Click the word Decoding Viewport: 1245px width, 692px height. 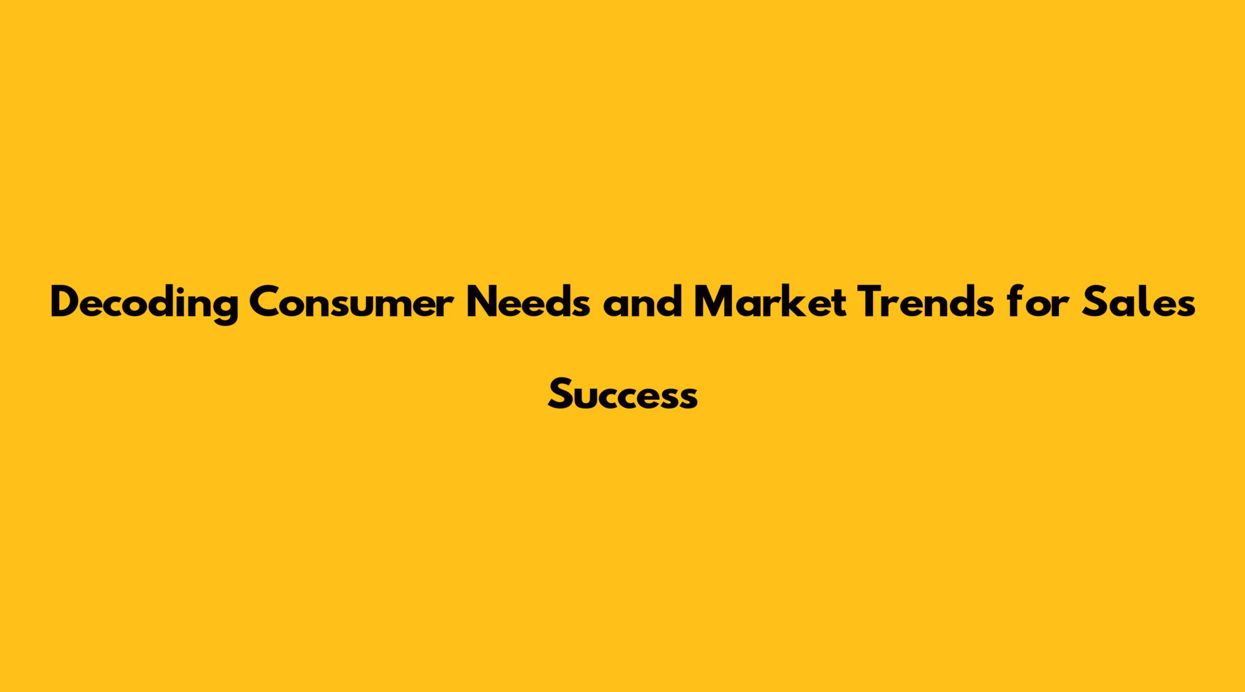pos(144,304)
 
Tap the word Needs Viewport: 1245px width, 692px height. pos(528,302)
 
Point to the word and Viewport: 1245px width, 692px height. pos(641,302)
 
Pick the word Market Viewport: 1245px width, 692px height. pos(771,302)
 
